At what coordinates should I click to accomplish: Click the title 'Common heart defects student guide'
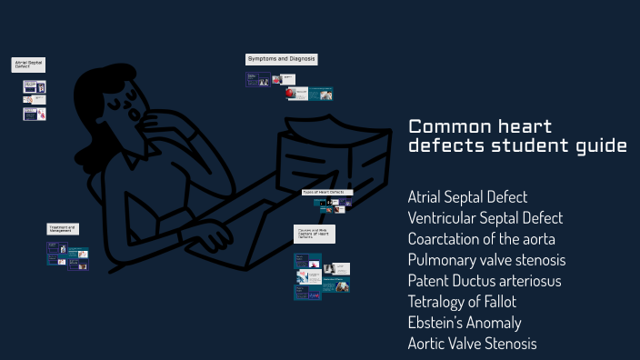pyautogui.click(x=516, y=135)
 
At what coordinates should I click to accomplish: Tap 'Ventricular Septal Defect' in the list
pyautogui.click(x=485, y=218)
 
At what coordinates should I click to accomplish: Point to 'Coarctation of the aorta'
pyautogui.click(x=481, y=239)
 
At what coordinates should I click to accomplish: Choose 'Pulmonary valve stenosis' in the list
pyautogui.click(x=480, y=260)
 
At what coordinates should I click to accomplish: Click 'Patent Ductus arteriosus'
pyautogui.click(x=485, y=281)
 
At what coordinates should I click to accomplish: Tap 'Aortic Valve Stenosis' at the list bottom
pyautogui.click(x=472, y=344)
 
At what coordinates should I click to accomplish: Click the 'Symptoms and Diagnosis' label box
pyautogui.click(x=281, y=59)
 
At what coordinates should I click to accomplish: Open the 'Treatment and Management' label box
pyautogui.click(x=63, y=229)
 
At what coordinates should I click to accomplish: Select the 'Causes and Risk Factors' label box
pyautogui.click(x=314, y=235)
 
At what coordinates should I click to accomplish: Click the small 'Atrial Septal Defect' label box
pyautogui.click(x=28, y=65)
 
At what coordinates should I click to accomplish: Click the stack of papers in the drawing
pyautogui.click(x=324, y=155)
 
